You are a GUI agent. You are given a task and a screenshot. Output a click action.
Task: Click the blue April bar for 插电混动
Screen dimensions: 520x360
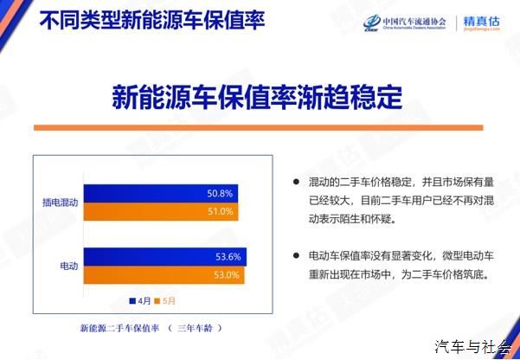click(161, 194)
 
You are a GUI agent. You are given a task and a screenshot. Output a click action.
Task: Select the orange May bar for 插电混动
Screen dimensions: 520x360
click(161, 212)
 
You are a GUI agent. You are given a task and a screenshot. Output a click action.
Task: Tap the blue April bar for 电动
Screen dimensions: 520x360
click(165, 257)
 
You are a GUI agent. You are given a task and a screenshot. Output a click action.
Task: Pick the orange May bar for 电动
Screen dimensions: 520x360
click(164, 275)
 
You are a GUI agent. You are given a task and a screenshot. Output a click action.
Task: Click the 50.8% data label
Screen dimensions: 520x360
click(220, 194)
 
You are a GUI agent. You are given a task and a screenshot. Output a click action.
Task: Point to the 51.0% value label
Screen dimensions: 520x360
click(221, 211)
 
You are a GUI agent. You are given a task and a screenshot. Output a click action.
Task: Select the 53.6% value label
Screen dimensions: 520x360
click(228, 257)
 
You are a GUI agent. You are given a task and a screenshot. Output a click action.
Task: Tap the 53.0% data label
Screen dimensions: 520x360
click(227, 275)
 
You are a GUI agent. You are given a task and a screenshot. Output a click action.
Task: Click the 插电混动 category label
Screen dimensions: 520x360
click(60, 202)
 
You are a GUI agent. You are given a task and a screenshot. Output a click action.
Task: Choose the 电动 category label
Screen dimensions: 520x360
click(69, 266)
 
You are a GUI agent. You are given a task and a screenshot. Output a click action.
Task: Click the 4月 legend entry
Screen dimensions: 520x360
click(140, 301)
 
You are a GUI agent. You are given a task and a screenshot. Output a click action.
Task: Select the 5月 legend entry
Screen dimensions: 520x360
click(164, 301)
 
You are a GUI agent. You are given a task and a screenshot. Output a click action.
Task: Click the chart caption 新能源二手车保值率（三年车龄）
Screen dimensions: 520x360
click(151, 328)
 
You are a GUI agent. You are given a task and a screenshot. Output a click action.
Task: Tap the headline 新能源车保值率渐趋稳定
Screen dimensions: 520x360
click(257, 97)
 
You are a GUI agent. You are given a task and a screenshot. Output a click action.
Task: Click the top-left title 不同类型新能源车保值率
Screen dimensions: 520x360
click(152, 20)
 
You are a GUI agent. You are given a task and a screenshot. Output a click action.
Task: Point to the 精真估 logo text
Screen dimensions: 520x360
click(481, 22)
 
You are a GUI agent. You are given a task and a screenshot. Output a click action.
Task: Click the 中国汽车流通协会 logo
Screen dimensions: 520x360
click(405, 22)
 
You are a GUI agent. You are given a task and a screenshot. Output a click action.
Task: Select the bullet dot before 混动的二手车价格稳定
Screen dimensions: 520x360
click(296, 182)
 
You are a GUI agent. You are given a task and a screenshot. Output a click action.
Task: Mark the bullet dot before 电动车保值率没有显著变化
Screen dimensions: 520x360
click(296, 255)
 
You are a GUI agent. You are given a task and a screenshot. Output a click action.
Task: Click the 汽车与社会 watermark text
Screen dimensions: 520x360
click(473, 347)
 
